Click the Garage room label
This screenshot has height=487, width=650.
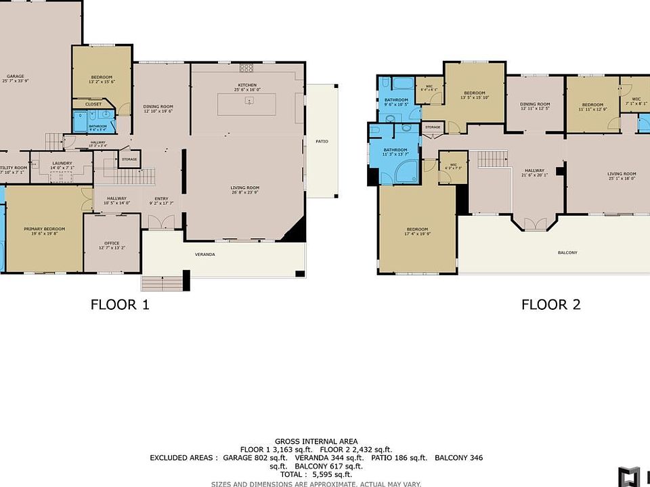[x=11, y=76]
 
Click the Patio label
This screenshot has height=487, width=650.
[x=322, y=141]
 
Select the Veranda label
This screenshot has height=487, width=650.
[x=205, y=254]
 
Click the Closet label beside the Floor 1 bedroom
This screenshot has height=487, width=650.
[x=93, y=104]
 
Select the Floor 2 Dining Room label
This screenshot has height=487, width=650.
[x=535, y=105]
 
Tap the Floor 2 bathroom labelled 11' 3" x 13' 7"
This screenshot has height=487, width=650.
[x=395, y=150]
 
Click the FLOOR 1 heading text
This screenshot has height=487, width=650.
[x=120, y=305]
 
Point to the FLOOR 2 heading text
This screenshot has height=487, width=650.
[x=550, y=305]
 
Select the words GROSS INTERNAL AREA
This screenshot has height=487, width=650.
[x=316, y=441]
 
